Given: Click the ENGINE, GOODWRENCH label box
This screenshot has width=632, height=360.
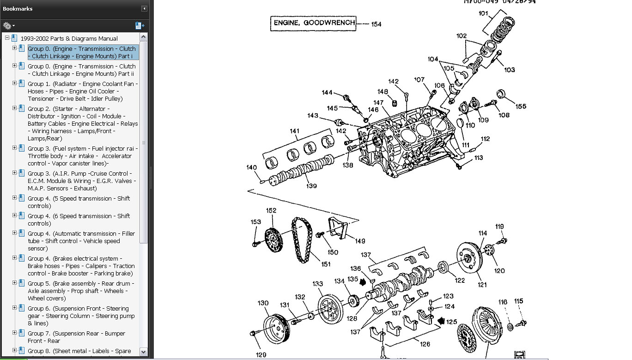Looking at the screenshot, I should point(313,23).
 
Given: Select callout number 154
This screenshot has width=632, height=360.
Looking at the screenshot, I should point(376,24).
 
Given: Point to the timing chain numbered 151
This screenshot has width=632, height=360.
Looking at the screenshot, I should point(301,240).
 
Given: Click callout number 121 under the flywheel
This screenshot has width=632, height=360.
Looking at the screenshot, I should point(482,285).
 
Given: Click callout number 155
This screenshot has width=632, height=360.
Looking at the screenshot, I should point(521,106).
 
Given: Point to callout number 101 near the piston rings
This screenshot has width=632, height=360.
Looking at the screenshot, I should point(483,14).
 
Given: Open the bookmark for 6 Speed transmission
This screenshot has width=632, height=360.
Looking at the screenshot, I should point(79,220).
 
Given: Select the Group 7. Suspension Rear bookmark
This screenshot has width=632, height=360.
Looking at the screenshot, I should point(76,337).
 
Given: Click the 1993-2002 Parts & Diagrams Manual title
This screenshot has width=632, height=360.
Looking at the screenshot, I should point(69,38).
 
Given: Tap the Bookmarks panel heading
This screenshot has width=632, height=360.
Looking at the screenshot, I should point(18,9).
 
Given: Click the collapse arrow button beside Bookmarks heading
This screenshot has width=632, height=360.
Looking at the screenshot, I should point(144,9).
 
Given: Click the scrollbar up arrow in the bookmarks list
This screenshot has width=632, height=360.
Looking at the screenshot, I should point(143,37).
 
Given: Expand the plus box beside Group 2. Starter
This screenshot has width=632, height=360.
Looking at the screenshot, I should point(14,109).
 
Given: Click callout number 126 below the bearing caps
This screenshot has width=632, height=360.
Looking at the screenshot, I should point(425,344).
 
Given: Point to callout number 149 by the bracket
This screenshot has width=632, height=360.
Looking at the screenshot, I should point(359,241).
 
